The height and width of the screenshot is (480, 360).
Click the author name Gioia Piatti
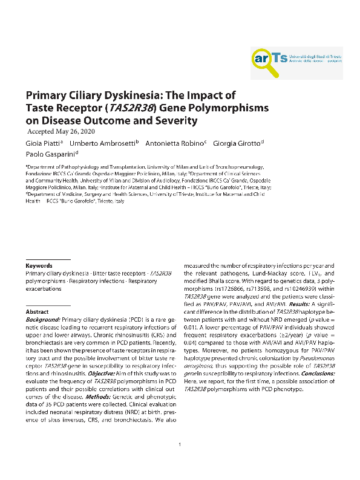click(43, 143)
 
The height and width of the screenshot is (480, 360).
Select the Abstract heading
click(37, 311)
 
